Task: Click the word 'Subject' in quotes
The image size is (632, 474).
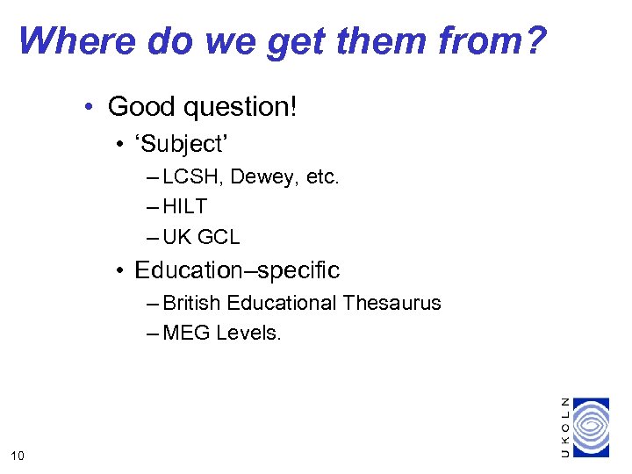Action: click(x=181, y=144)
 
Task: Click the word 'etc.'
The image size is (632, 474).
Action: click(x=321, y=177)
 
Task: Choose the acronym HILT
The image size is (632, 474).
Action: click(x=185, y=207)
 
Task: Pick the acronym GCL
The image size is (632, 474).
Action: click(x=219, y=237)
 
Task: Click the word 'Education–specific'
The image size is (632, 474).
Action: click(x=237, y=270)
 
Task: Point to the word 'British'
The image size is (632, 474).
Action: click(x=192, y=303)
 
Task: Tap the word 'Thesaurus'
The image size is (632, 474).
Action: click(x=392, y=303)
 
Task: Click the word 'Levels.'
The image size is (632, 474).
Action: click(x=248, y=333)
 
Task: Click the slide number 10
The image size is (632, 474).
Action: click(x=18, y=454)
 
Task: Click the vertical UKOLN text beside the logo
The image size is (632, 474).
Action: click(x=564, y=427)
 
